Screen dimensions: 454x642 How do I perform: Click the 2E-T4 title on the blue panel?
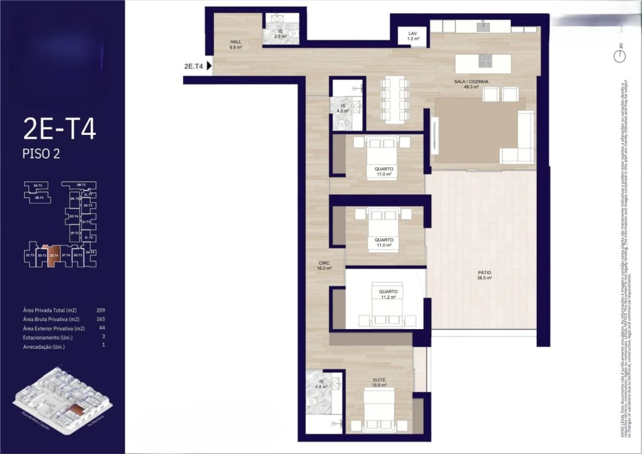point(59,129)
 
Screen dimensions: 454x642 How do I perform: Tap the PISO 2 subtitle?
point(41,154)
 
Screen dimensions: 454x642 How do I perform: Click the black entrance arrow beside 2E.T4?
point(209,65)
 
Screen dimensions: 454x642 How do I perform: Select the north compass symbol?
point(621,55)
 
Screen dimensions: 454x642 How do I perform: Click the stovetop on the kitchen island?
point(485,61)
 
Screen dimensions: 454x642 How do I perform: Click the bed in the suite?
point(379,410)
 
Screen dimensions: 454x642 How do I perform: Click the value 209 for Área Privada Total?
point(100,310)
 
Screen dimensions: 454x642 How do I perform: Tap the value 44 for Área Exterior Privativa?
point(102,328)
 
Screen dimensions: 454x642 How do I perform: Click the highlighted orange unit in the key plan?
point(54,255)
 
